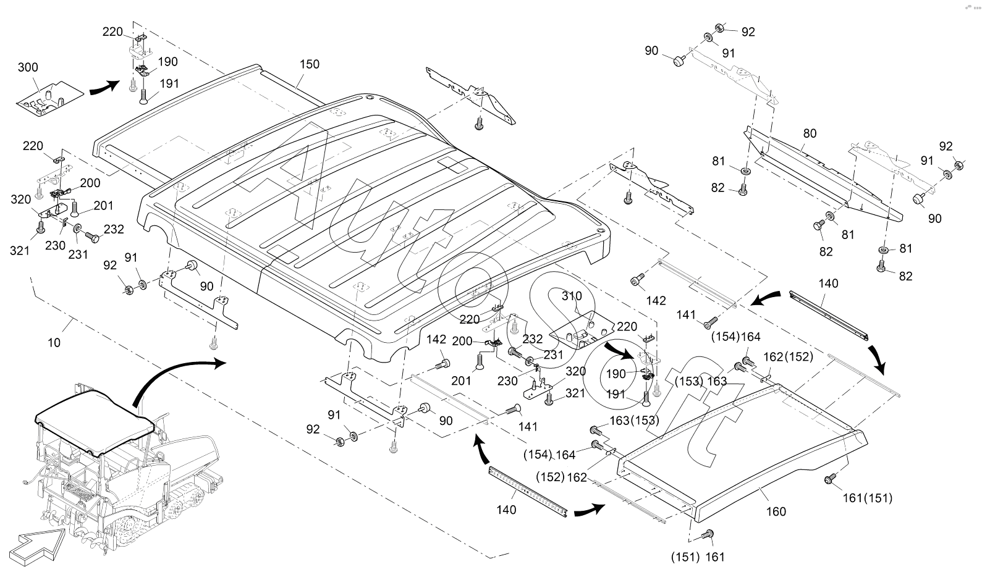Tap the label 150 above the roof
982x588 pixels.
pyautogui.click(x=310, y=64)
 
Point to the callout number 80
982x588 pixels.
pyautogui.click(x=810, y=133)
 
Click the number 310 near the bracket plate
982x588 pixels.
pyautogui.click(x=572, y=296)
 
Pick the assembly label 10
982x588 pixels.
pyautogui.click(x=54, y=342)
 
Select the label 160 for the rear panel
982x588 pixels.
pyautogui.click(x=776, y=511)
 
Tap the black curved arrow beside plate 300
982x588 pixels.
pyautogui.click(x=104, y=88)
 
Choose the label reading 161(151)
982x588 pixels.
pyautogui.click(x=868, y=498)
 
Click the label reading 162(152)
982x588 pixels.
pyautogui.click(x=789, y=356)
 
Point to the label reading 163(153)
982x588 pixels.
pyautogui.click(x=635, y=421)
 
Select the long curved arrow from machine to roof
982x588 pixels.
pyautogui.click(x=173, y=377)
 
